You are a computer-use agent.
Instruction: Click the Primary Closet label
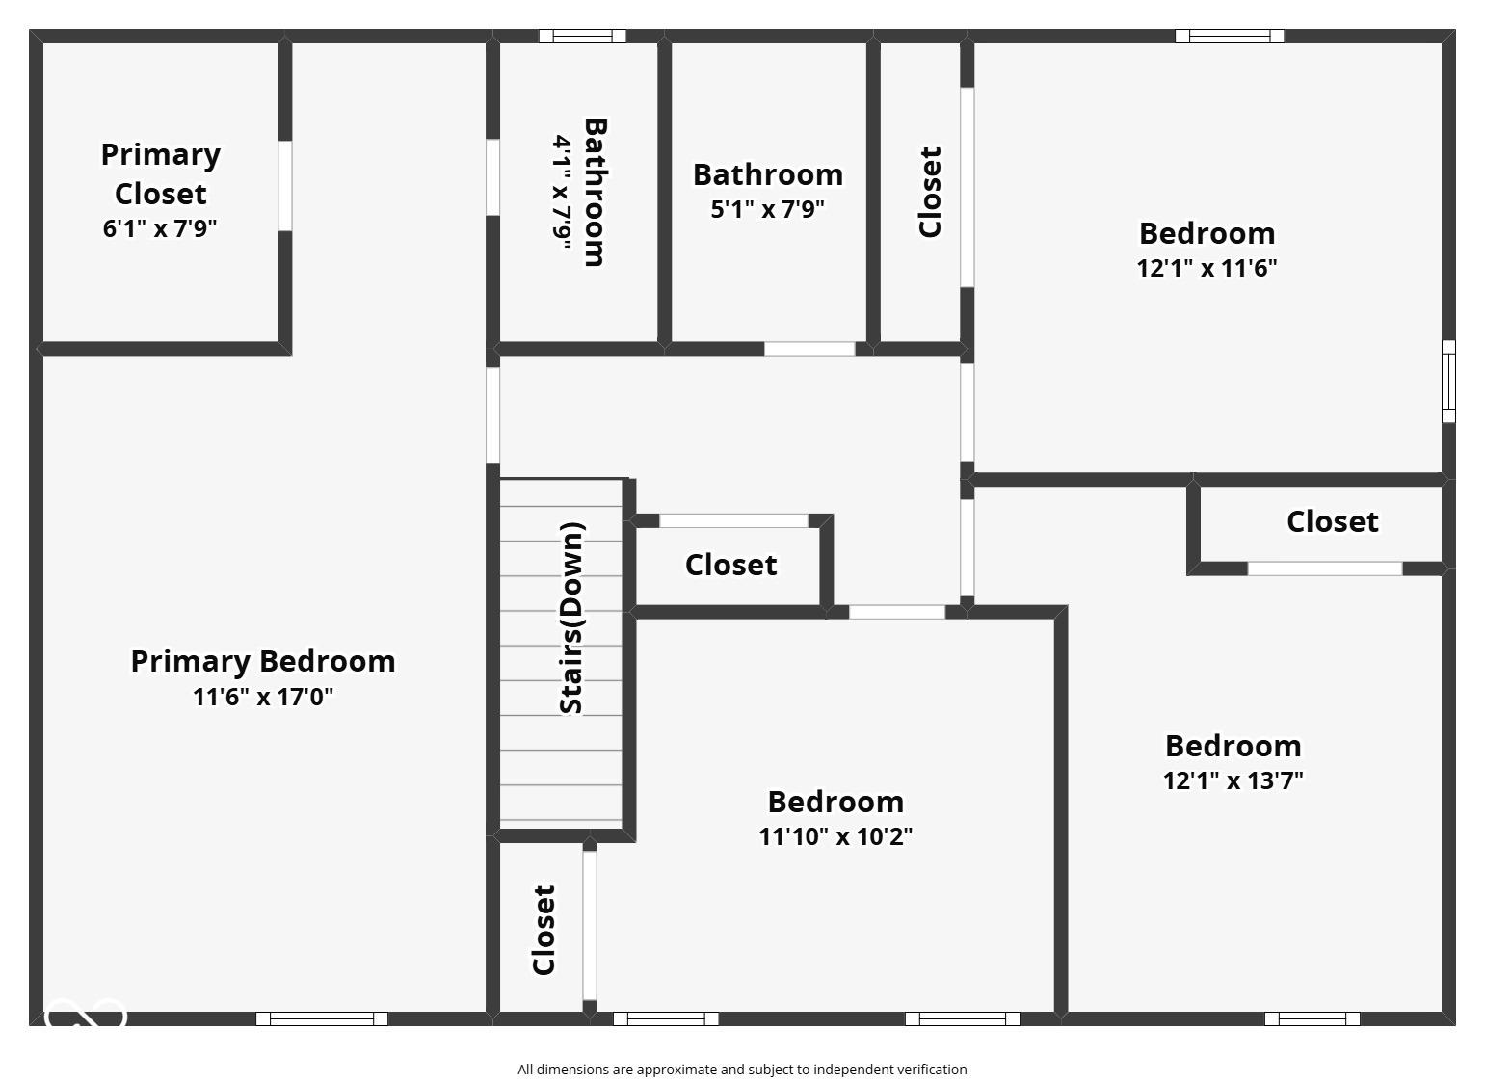click(x=160, y=174)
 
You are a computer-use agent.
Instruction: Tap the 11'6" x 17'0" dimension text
click(x=263, y=697)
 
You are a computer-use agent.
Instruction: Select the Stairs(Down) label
click(x=571, y=619)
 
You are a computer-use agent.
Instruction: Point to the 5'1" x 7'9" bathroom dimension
click(x=768, y=209)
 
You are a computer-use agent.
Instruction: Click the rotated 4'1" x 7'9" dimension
click(x=563, y=193)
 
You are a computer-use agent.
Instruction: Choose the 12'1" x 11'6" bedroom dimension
click(x=1207, y=268)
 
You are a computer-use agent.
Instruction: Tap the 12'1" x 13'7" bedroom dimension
click(x=1233, y=780)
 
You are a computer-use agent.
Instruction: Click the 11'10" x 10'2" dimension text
click(x=835, y=836)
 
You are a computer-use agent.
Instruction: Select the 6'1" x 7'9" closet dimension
click(x=160, y=229)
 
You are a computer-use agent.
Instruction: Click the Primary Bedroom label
click(x=263, y=662)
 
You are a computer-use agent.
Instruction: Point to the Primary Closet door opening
click(x=285, y=186)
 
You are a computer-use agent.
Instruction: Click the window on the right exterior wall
click(x=1447, y=381)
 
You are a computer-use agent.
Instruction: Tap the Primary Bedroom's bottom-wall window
click(x=322, y=1018)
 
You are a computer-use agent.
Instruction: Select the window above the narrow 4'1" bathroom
click(x=582, y=37)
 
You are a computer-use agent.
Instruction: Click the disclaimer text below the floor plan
click(x=742, y=1070)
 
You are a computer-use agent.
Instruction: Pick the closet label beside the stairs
click(x=730, y=565)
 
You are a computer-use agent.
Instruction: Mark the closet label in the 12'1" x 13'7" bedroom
click(x=1332, y=521)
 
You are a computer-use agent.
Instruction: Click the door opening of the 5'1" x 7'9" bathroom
click(x=809, y=349)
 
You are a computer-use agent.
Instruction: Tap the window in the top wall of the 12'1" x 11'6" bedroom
click(x=1229, y=37)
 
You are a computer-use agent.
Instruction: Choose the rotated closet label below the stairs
click(x=544, y=930)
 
